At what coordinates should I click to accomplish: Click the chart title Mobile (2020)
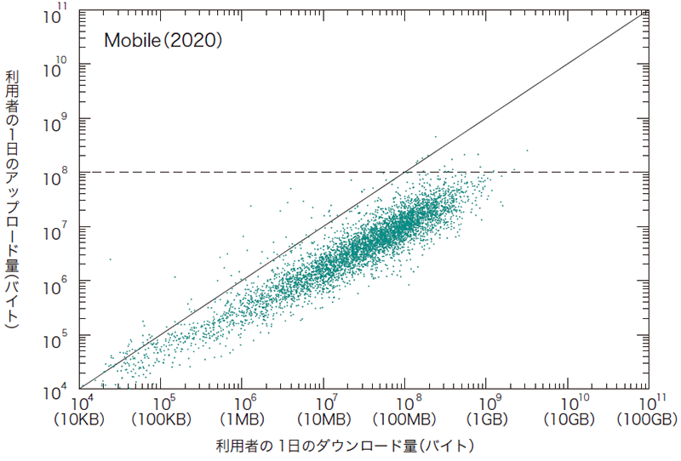coord(163,40)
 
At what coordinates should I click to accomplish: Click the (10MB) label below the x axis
coord(323,419)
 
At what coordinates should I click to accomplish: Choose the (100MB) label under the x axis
coord(405,419)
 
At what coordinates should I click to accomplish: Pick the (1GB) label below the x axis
coord(486,419)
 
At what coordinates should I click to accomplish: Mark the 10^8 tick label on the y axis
coord(61,175)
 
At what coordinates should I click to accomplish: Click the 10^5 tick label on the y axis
coord(61,339)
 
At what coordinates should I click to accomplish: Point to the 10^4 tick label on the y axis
coord(61,392)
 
